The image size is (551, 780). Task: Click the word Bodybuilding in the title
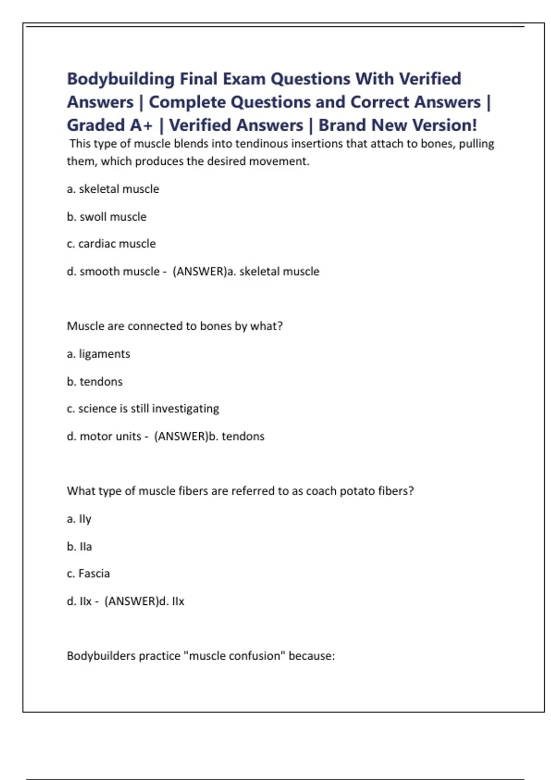121,79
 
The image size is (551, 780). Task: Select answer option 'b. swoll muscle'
107,217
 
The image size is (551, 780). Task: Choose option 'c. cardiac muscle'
111,244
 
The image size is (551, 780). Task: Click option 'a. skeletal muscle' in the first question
113,189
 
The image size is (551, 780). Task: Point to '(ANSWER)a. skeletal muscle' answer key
246,272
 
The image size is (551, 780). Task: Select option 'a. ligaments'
98,354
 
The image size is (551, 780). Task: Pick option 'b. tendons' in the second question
95,381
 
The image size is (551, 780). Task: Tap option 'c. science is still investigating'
143,408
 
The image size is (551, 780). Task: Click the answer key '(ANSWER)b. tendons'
209,436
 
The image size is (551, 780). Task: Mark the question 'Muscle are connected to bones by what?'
174,326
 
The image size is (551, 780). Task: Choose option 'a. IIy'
79,519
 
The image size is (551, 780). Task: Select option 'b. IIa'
79,546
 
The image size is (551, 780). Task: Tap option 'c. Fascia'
88,574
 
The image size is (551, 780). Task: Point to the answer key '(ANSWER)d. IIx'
144,601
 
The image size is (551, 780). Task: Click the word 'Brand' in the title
343,125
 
